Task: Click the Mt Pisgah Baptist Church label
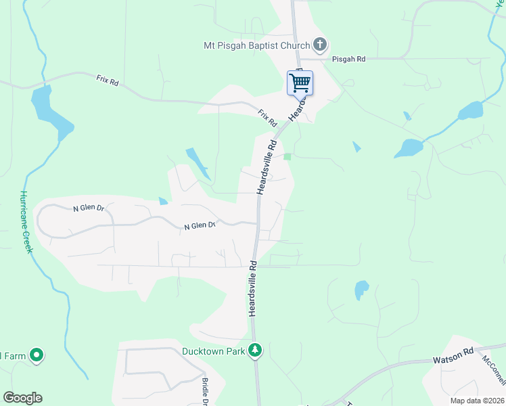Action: (x=256, y=46)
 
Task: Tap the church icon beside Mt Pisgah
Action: (x=321, y=45)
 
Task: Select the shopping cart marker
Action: (x=299, y=83)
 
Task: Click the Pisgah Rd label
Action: (x=348, y=60)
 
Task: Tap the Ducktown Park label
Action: (x=213, y=351)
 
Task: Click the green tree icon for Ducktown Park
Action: (x=255, y=351)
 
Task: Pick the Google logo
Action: (x=22, y=398)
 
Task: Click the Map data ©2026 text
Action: (x=477, y=401)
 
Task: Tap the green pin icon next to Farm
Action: (x=37, y=355)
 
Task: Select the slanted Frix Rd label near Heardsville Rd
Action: (x=267, y=118)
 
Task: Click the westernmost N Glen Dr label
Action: (x=89, y=208)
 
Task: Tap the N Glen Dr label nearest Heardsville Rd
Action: (x=200, y=226)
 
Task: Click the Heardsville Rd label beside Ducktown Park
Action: (x=252, y=288)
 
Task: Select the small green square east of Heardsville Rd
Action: (x=287, y=156)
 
